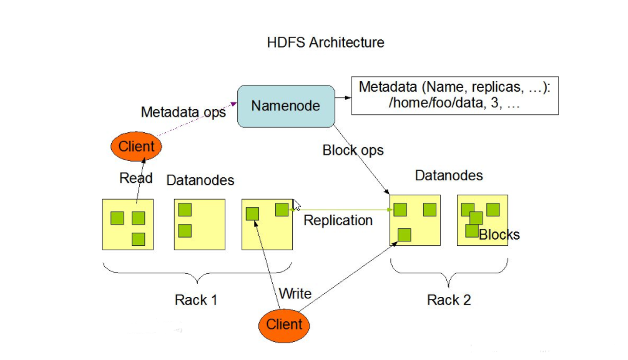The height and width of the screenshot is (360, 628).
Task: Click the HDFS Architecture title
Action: coord(325,43)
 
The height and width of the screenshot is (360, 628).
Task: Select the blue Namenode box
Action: coord(286,106)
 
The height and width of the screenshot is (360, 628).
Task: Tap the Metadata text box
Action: coord(454,96)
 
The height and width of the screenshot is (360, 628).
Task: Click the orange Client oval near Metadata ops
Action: coord(136,147)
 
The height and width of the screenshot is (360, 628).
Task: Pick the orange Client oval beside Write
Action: coord(284,324)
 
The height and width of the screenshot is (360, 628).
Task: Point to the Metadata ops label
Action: coord(183,112)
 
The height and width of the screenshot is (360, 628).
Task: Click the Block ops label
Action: coord(353,150)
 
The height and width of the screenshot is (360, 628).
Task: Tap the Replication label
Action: coord(338,220)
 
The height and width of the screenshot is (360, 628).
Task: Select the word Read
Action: coord(135,178)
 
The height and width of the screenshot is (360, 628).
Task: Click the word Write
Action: coord(295,293)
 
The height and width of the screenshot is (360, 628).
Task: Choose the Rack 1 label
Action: coord(196,300)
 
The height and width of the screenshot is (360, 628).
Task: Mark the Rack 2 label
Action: coord(448,300)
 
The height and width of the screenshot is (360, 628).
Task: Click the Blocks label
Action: coord(499,235)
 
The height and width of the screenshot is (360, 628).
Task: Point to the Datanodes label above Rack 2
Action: coord(449,175)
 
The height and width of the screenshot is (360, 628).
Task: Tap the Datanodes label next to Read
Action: coord(200,180)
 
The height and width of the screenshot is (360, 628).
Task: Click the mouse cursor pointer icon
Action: coord(297,205)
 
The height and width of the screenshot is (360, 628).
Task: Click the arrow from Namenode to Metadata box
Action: coord(343,97)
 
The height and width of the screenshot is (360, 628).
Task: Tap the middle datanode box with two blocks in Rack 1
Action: coord(199,225)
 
